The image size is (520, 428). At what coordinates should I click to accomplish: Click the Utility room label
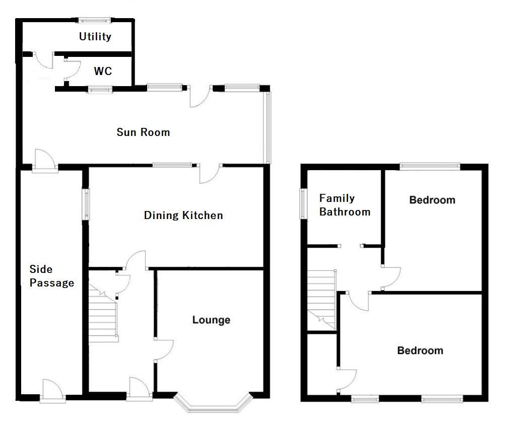[x=95, y=36]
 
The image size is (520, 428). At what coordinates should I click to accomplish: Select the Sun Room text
[x=143, y=132]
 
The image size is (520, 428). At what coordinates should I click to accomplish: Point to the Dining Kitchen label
[x=183, y=216]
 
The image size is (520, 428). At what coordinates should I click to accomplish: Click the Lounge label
[x=211, y=320]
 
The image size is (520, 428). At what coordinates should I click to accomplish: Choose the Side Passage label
[x=51, y=276]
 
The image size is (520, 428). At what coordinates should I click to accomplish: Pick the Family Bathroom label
[x=345, y=205]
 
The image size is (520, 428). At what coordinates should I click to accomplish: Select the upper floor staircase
[x=321, y=297]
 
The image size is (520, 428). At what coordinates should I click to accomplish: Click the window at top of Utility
[x=94, y=21]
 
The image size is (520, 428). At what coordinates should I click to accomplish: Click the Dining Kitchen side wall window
[x=86, y=204]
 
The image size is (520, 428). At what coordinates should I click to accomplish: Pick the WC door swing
[x=72, y=69]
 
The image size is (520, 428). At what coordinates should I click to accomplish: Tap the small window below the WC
[x=99, y=90]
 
